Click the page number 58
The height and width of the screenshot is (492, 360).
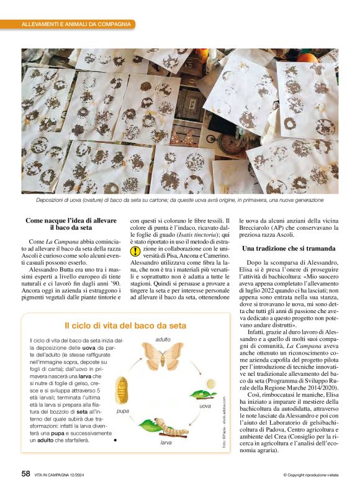point(25,473)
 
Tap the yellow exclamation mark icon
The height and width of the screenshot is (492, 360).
point(135,252)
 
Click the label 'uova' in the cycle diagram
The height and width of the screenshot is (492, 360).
point(205,406)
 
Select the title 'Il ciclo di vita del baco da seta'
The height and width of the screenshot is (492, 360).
point(125,326)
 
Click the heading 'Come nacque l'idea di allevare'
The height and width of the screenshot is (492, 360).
point(71,221)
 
